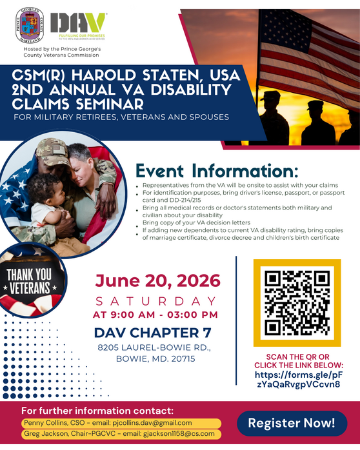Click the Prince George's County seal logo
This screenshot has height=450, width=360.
pyautogui.click(x=30, y=25)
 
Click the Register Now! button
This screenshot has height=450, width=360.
pyautogui.click(x=292, y=424)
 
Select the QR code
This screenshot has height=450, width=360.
pyautogui.click(x=297, y=303)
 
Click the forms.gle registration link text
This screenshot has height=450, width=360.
pyautogui.click(x=299, y=379)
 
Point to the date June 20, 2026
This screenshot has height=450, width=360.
pyautogui.click(x=157, y=281)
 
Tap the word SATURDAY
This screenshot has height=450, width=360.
pyautogui.click(x=156, y=301)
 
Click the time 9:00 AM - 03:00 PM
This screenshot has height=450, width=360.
pyautogui.click(x=164, y=315)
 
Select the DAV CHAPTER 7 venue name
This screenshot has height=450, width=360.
pyautogui.click(x=153, y=333)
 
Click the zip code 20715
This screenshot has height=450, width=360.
pyautogui.click(x=183, y=358)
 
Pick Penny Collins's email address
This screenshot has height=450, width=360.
pyautogui.click(x=152, y=423)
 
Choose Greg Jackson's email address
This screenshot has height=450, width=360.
pyautogui.click(x=179, y=433)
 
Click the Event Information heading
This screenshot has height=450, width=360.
pyautogui.click(x=217, y=171)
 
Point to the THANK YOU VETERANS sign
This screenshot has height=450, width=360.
pyautogui.click(x=29, y=281)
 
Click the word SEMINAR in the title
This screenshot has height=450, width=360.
pyautogui.click(x=110, y=104)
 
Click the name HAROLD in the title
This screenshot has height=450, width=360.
pyautogui.click(x=104, y=75)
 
